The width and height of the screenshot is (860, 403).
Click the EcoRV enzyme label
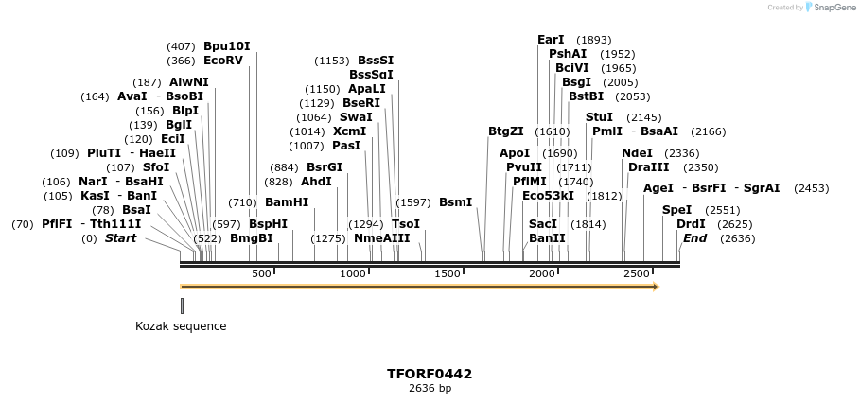tap(223, 61)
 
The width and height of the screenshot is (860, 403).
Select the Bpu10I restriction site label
tap(227, 45)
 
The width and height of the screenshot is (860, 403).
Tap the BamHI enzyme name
tap(287, 201)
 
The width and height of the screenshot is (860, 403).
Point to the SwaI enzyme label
tap(356, 117)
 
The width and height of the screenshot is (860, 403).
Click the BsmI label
tap(455, 201)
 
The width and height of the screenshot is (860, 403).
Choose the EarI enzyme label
tap(551, 40)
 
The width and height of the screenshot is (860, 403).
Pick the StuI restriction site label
tap(599, 116)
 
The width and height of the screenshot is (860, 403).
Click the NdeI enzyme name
tap(637, 152)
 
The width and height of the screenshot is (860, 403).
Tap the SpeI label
tap(676, 209)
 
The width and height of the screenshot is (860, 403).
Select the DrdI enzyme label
tap(691, 224)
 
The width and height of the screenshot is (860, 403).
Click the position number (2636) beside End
tap(737, 238)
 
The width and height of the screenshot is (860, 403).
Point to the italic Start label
tap(120, 238)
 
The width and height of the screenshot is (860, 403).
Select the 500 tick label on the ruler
tap(261, 273)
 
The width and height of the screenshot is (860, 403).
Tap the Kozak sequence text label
tap(181, 326)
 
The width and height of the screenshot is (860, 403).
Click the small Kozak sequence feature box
tap(182, 306)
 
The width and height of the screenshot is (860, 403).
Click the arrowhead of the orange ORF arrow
tap(654, 286)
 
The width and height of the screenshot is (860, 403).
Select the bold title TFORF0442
tap(430, 374)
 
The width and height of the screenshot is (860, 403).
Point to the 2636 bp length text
tap(430, 388)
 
